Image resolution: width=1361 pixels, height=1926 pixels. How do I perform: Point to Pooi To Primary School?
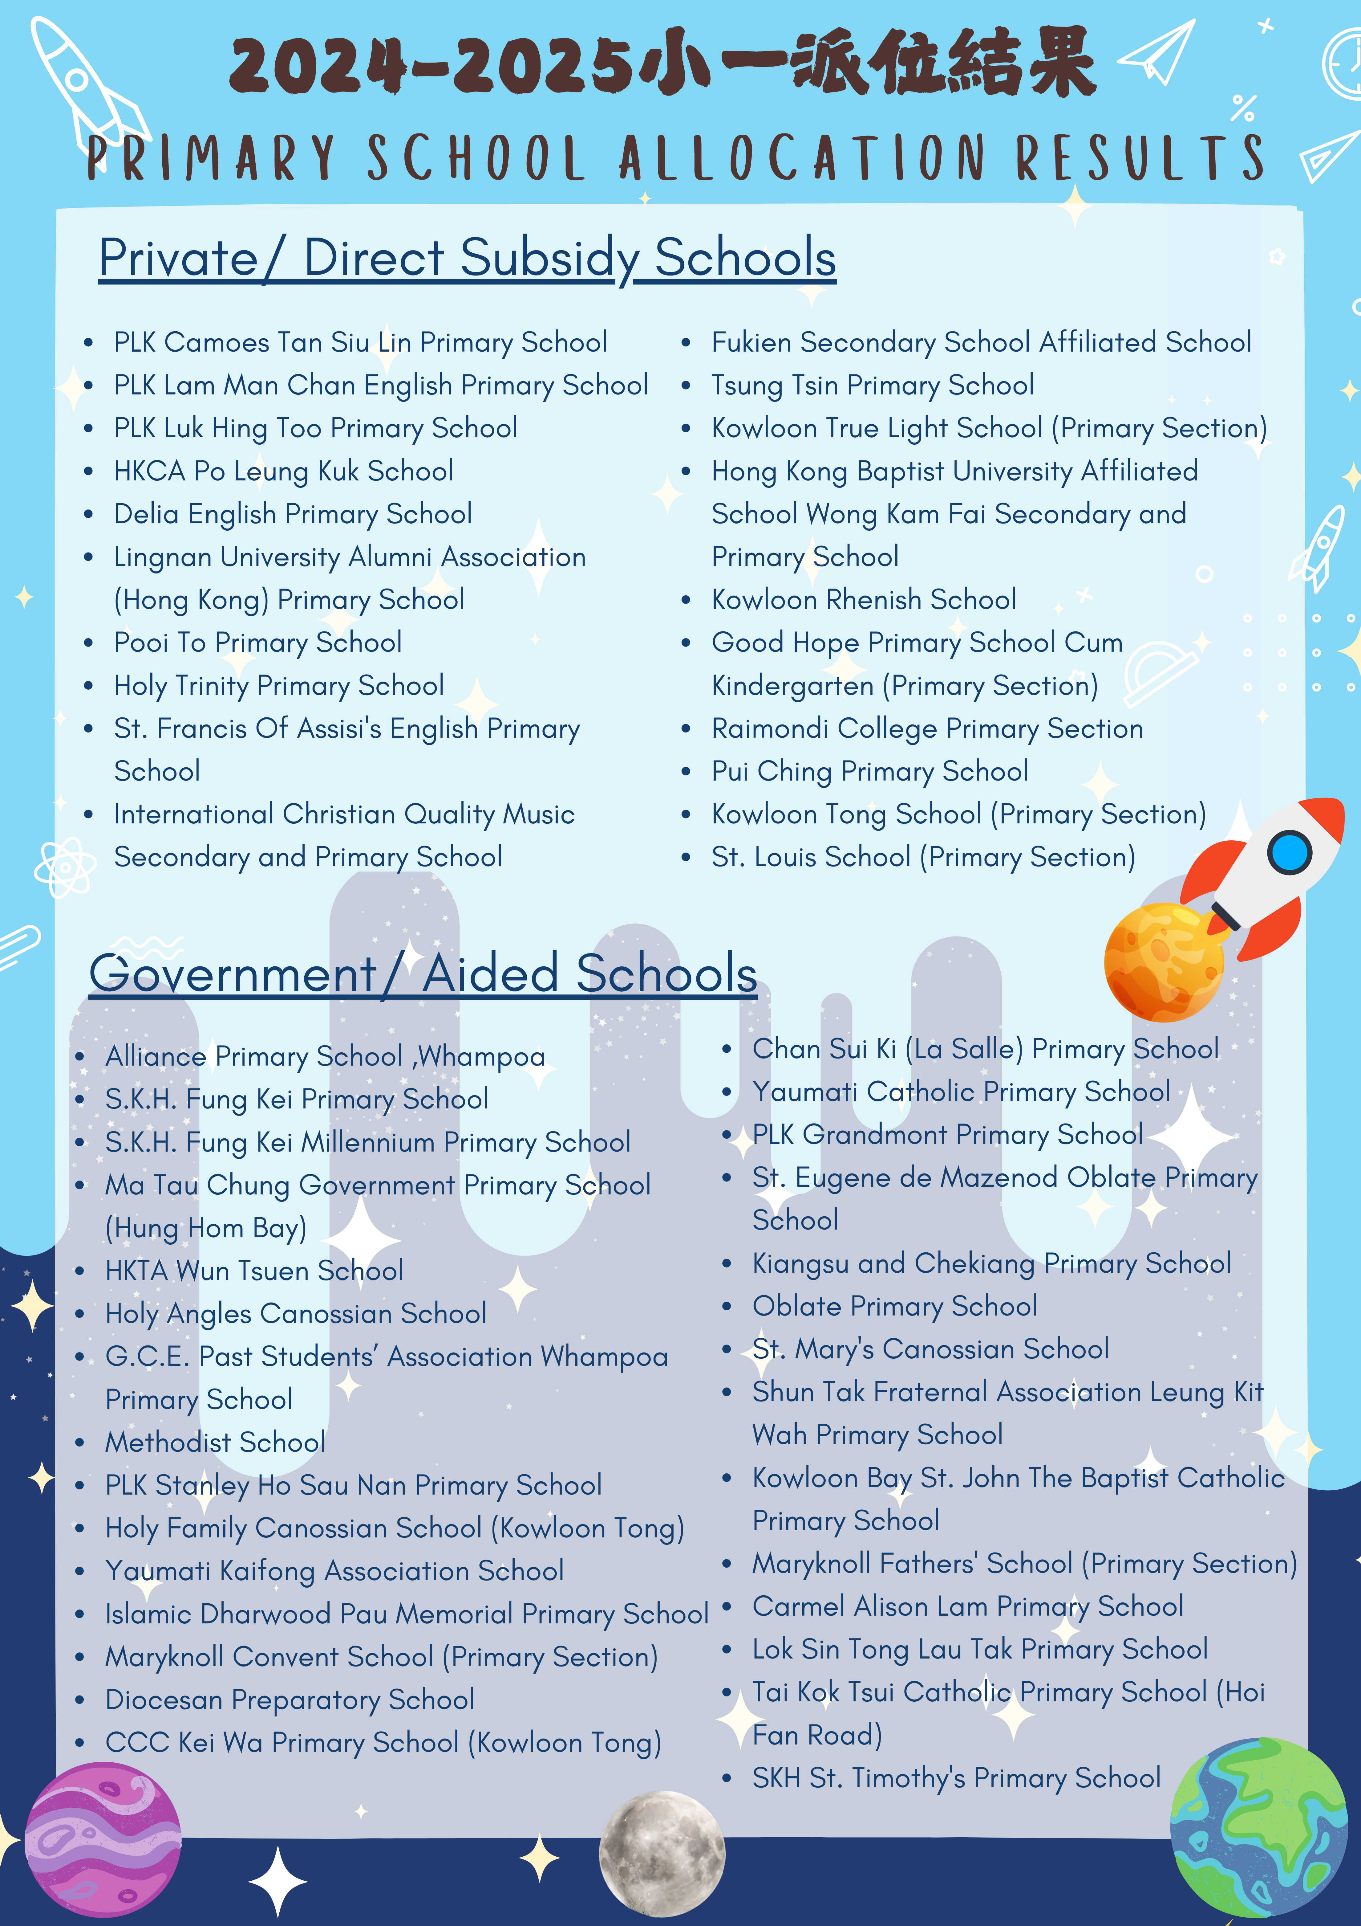(x=257, y=643)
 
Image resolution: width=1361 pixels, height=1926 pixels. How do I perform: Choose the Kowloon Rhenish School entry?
(x=864, y=600)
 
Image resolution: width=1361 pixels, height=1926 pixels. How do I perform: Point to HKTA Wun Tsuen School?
(x=254, y=1271)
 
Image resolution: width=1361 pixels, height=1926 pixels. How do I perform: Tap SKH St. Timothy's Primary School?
(x=956, y=1777)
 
